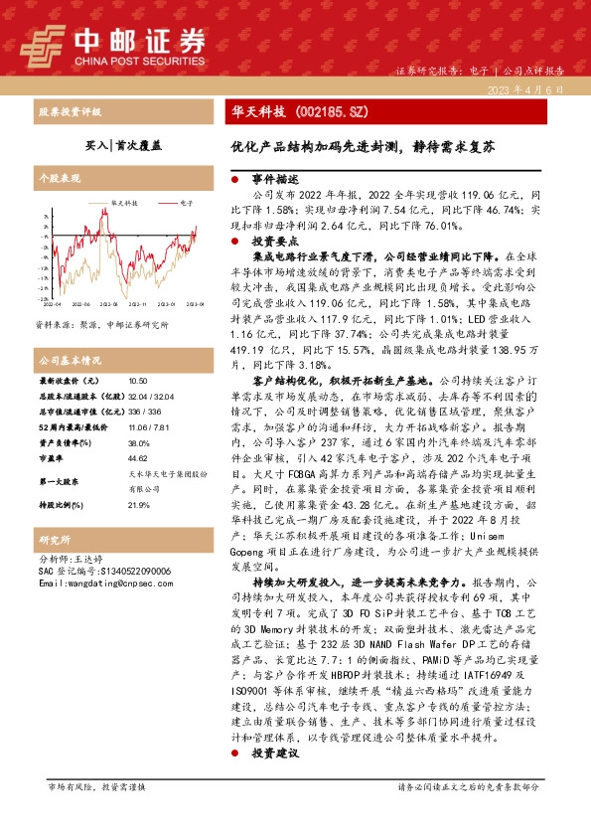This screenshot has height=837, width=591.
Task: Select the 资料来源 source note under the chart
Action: pos(101,325)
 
